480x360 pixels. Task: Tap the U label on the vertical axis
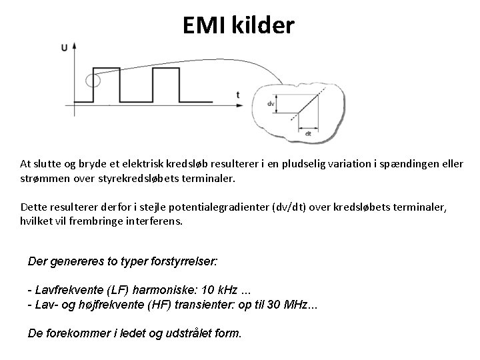tap(64, 47)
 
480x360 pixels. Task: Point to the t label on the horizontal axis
tap(238, 95)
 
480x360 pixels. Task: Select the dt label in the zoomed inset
tap(307, 133)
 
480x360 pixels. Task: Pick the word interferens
tap(152, 221)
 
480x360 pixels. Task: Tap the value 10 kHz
tap(214, 291)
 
